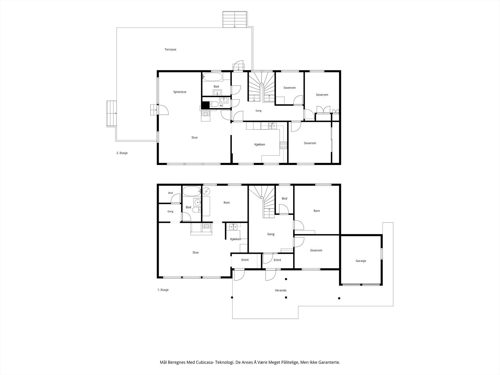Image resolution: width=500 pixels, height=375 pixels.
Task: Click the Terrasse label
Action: (x=170, y=49)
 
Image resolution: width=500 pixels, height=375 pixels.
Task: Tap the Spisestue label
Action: (x=180, y=92)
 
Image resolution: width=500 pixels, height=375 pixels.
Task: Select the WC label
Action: (x=222, y=106)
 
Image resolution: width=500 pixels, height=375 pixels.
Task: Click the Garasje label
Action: (x=361, y=261)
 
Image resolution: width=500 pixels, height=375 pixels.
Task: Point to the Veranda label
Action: (x=281, y=290)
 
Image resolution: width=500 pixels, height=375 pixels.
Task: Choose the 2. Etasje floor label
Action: (x=122, y=153)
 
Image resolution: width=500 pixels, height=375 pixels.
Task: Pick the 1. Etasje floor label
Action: (x=163, y=290)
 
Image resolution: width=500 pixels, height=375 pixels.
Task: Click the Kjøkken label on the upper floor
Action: (x=260, y=144)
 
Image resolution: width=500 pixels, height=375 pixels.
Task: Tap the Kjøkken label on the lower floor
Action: (x=236, y=239)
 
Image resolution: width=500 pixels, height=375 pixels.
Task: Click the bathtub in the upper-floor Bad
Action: (x=212, y=77)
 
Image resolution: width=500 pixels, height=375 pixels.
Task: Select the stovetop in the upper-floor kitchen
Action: (x=283, y=145)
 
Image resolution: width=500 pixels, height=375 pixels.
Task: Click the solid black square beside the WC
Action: (x=205, y=105)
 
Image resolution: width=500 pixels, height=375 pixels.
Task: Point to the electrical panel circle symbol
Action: (x=206, y=191)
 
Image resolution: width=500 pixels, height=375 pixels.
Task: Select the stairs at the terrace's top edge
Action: (x=235, y=19)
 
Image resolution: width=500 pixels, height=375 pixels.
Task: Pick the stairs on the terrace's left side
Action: (x=112, y=114)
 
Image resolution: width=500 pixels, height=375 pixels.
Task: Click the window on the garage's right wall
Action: (x=382, y=254)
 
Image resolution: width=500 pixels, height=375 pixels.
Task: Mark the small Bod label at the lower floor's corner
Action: (x=171, y=193)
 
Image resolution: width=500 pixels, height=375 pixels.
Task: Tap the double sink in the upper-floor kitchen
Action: (x=272, y=126)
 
